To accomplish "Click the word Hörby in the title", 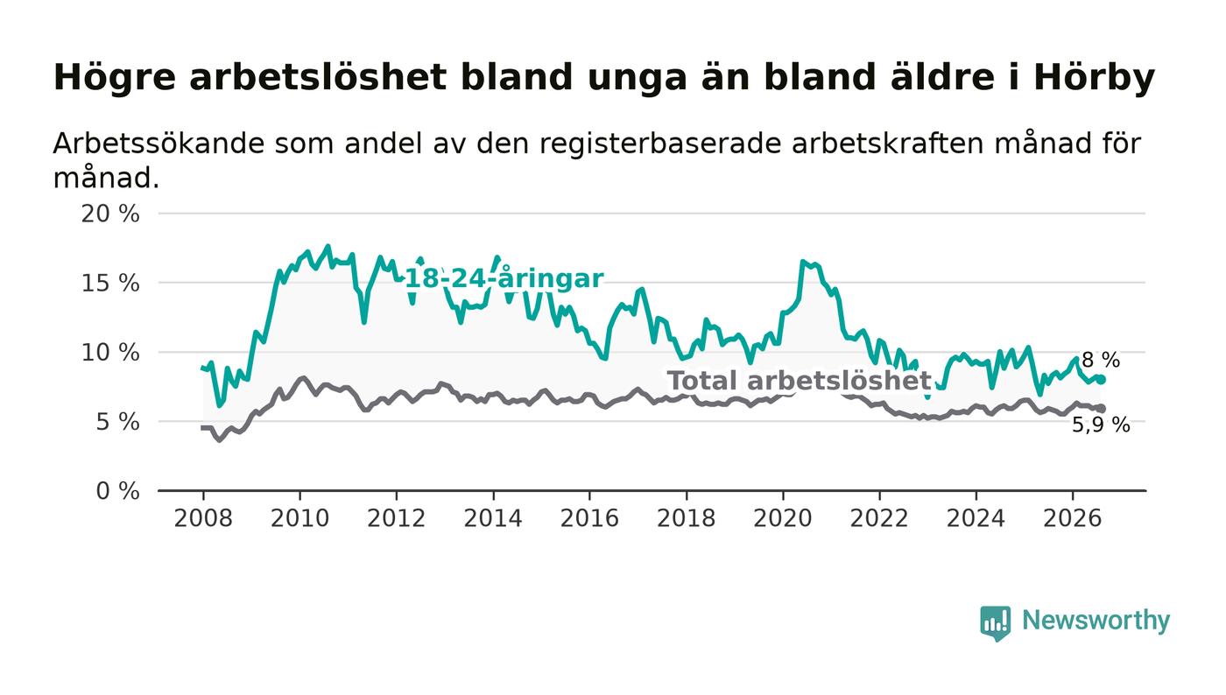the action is [1094, 78].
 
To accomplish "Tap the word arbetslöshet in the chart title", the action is [318, 77].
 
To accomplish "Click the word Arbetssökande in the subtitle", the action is [159, 144].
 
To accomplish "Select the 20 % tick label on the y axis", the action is [110, 214].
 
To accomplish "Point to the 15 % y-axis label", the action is [110, 283].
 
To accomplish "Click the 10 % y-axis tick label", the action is [110, 353].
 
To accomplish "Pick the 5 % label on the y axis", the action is [117, 422].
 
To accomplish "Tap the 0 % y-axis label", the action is [117, 491].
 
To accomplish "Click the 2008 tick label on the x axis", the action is [203, 518].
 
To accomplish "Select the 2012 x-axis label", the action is [396, 518].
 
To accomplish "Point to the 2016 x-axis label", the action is [589, 518].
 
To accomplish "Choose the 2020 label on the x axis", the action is [783, 518].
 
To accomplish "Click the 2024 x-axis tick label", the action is [976, 518].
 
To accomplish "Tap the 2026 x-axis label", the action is [1072, 518].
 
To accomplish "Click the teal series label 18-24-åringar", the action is [504, 278].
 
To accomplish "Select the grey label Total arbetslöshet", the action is [799, 381].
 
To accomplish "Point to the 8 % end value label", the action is [1102, 360].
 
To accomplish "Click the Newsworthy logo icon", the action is [995, 622].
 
